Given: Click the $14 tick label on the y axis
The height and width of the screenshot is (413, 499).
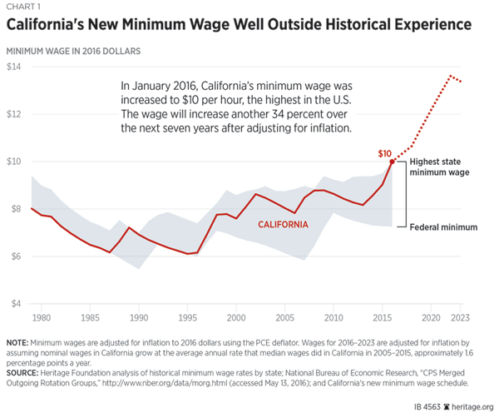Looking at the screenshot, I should point(14,67).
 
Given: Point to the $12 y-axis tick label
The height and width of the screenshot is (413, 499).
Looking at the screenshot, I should point(14,114).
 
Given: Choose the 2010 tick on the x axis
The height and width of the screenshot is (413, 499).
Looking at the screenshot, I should point(333,318).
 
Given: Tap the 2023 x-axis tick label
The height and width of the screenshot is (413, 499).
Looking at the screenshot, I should point(461,318).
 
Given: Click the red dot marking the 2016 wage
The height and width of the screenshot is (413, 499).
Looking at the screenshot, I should point(393,162).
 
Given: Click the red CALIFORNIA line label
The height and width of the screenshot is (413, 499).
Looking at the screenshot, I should point(283,225).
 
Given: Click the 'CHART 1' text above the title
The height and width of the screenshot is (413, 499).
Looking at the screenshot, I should point(26,8).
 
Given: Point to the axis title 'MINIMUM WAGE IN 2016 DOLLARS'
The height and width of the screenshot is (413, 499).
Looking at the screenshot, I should point(73,51).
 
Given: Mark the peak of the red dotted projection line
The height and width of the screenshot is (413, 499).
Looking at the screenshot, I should point(451,77).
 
